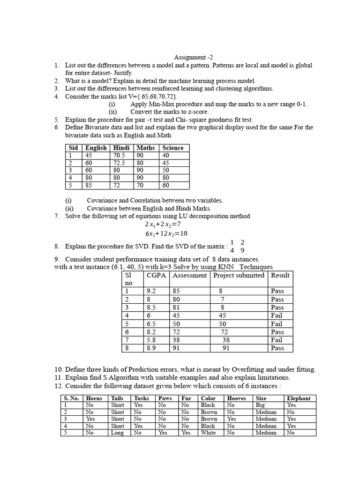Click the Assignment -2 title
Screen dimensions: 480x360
190,57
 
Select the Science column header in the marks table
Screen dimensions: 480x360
172,148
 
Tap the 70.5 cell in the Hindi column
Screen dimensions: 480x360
119,156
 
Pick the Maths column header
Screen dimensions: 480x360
145,148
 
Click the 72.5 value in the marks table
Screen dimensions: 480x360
119,163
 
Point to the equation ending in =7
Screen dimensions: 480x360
163,225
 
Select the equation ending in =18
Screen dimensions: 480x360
163,233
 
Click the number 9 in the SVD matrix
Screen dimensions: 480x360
242,250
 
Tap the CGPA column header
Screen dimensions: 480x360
156,276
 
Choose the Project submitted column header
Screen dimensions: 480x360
239,276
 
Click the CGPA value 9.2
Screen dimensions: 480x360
151,291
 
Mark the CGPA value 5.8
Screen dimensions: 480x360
151,340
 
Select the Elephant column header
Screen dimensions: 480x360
299,398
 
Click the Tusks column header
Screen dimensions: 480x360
141,398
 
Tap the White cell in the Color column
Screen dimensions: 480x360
208,433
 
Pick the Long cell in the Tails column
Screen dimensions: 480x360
117,433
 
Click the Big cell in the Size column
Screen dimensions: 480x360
261,405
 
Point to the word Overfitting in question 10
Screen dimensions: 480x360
256,369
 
